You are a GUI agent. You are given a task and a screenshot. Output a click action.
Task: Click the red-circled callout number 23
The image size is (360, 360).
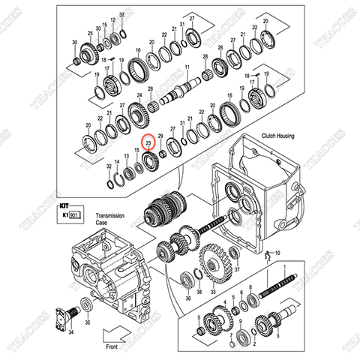[148, 142]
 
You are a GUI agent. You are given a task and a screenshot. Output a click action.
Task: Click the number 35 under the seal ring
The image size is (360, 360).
[88, 324]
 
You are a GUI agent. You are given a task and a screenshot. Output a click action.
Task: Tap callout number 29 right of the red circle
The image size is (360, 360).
[160, 134]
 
